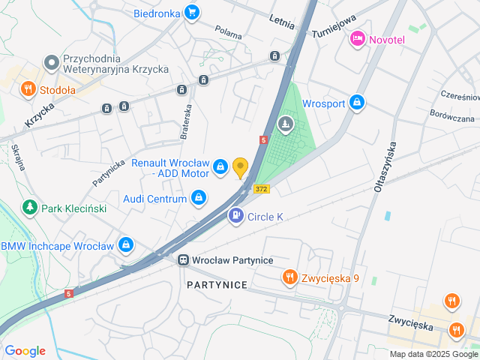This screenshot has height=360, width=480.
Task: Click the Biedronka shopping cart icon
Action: [x=192, y=13]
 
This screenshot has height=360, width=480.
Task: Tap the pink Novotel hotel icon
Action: [x=358, y=38]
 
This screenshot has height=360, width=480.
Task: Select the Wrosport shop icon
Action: [x=358, y=103]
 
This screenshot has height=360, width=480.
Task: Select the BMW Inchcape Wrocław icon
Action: [x=126, y=245]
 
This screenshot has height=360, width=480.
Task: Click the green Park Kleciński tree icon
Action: [x=29, y=206]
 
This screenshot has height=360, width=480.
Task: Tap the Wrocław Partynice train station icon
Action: [x=183, y=259]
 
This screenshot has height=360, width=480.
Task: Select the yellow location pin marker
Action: [x=240, y=167]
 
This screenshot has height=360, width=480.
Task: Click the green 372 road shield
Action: [x=261, y=188]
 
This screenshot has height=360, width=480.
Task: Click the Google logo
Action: [x=25, y=351]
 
